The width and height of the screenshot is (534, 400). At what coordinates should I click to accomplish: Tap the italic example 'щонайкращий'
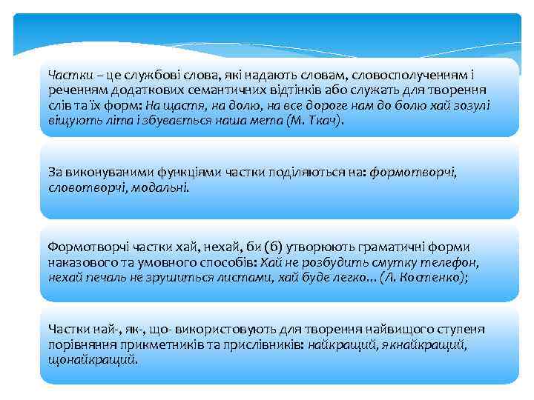point(92,359)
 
